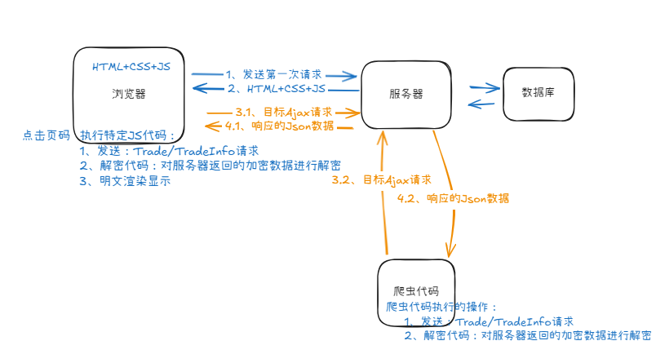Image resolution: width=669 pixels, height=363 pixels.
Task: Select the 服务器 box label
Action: pyautogui.click(x=406, y=94)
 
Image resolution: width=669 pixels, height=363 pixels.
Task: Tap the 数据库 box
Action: pyautogui.click(x=538, y=91)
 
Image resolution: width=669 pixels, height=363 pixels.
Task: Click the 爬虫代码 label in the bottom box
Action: pyautogui.click(x=416, y=291)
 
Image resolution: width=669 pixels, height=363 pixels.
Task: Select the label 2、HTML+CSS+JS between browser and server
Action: pyautogui.click(x=276, y=87)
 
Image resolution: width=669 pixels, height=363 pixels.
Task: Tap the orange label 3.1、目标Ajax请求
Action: pyautogui.click(x=283, y=112)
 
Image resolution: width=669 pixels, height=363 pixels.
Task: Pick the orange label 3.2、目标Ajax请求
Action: pyautogui.click(x=381, y=179)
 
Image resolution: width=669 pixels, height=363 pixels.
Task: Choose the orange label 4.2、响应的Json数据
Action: pyautogui.click(x=458, y=198)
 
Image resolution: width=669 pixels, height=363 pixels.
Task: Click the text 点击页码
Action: pyautogui.click(x=46, y=135)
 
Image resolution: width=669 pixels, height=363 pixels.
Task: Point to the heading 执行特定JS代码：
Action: pyautogui.click(x=128, y=135)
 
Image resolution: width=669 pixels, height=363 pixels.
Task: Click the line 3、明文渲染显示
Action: pyautogui.click(x=126, y=181)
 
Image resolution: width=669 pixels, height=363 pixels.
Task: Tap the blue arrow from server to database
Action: pyautogui.click(x=484, y=86)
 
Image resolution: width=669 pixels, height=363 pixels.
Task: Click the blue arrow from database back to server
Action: pyautogui.click(x=482, y=104)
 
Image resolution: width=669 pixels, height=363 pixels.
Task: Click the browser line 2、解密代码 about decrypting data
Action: pyautogui.click(x=210, y=166)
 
